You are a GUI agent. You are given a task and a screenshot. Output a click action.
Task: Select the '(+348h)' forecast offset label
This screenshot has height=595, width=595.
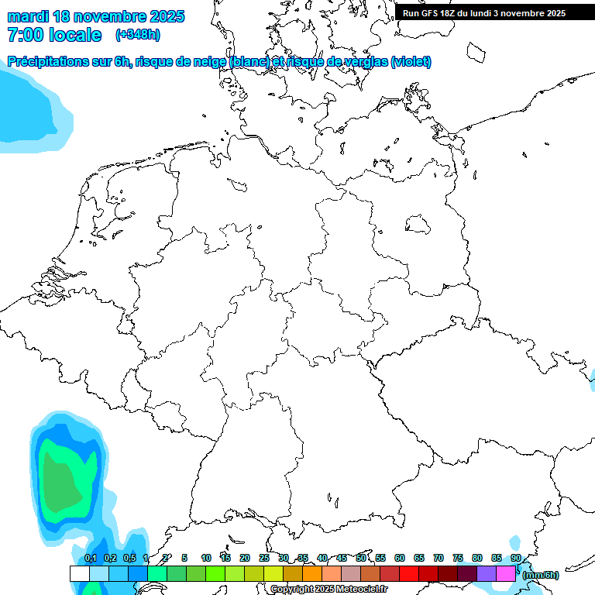138,35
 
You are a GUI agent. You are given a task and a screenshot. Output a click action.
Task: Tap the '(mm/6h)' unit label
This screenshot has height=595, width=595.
541,575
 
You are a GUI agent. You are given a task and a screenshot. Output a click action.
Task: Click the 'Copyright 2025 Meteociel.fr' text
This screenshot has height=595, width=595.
328,590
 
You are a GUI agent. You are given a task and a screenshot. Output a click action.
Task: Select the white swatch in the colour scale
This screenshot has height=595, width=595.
79,574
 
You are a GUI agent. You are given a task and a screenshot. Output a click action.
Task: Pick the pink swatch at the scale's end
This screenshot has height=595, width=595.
506,574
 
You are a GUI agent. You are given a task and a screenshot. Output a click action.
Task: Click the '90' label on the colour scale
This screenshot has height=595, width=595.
515,558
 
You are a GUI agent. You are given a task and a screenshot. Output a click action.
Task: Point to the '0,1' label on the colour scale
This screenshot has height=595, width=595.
91,559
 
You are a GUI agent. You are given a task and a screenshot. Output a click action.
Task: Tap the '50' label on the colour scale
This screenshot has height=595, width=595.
361,558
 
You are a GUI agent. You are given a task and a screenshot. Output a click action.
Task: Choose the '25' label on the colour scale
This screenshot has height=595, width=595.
264,558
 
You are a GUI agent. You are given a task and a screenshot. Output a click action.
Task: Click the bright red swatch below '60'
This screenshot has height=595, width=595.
409,574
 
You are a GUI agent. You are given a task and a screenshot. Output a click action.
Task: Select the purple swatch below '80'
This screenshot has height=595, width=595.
487,574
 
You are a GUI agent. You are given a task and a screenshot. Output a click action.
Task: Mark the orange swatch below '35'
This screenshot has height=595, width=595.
312,574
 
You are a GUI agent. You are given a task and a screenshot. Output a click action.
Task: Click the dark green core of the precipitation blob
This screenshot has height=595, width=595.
62,480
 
